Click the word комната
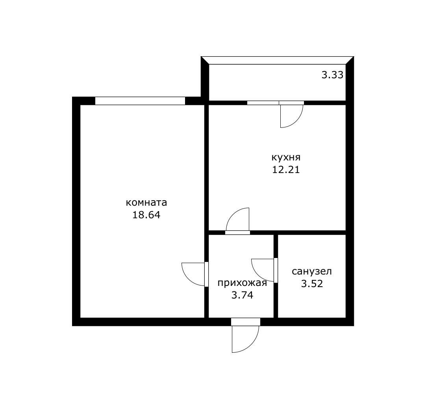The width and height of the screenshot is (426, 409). tap(146, 203)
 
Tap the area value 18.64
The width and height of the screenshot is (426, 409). tap(146, 215)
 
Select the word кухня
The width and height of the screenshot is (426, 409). tap(286, 157)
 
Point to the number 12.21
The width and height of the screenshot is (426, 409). tap(286, 170)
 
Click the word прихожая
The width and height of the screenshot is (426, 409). tap(242, 283)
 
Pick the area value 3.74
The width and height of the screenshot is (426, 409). tap(242, 295)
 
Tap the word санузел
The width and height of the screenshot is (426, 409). tap(312, 271)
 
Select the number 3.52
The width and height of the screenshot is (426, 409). tap(312, 284)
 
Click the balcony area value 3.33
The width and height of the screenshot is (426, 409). tap(332, 75)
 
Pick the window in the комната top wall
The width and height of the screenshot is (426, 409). tap(140, 101)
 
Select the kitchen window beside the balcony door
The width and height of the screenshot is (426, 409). tap(263, 103)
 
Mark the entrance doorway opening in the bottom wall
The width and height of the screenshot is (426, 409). tap(246, 322)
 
